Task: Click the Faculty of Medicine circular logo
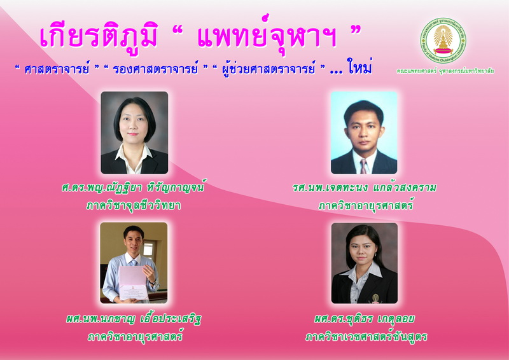[x=443, y=40]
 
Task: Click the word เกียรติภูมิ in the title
[x=99, y=36]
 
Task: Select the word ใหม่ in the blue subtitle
[x=359, y=66]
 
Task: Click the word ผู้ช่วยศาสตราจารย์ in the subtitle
[x=268, y=68]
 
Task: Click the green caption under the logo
[x=445, y=71]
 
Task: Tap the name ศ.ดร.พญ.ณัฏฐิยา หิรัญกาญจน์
[x=134, y=187]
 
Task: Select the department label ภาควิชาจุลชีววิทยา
[x=134, y=205]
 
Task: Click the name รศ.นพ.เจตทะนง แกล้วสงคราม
[x=364, y=187]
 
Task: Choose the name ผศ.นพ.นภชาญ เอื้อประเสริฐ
[x=134, y=319]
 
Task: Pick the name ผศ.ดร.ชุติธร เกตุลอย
[x=364, y=319]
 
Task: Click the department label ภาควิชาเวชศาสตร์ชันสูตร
[x=366, y=336]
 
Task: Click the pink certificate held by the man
[x=132, y=283]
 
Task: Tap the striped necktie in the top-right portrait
[x=363, y=166]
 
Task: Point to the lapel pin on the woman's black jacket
[x=375, y=299]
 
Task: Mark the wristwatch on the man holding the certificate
[x=152, y=282]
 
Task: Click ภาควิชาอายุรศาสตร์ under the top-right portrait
[x=366, y=205]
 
